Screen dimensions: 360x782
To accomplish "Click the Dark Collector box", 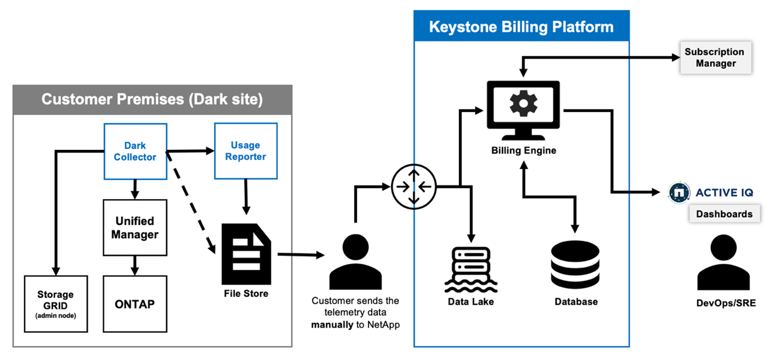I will (x=135, y=151).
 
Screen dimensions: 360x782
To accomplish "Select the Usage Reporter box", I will (x=246, y=151).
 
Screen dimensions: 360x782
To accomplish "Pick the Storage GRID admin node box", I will (x=56, y=304).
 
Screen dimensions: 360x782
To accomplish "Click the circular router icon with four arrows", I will (x=414, y=187).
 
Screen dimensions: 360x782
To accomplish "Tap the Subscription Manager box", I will (x=715, y=57).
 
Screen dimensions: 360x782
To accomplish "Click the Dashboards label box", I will (x=724, y=214).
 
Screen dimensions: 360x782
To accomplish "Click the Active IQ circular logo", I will (x=678, y=193).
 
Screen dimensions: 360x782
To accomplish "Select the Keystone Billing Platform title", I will (x=521, y=27).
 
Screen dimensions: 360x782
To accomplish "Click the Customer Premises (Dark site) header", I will (x=152, y=99).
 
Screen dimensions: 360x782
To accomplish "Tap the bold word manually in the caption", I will (x=332, y=324).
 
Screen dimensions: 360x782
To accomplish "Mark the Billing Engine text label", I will (x=523, y=150).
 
